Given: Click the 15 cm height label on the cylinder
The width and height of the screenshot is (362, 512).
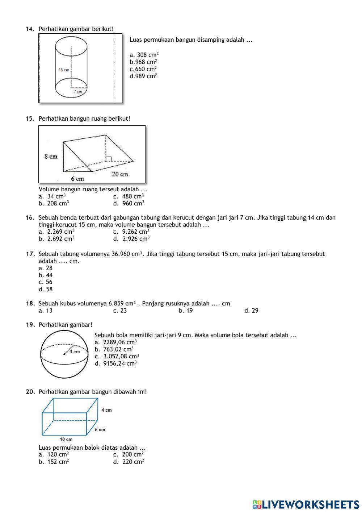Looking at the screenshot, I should pos(64,70).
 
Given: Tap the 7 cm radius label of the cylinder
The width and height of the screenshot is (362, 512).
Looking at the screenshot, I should pos(78,92).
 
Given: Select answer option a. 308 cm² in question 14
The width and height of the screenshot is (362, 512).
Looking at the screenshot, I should pos(144,55).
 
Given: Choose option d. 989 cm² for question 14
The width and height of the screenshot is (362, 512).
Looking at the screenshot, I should pos(143,76).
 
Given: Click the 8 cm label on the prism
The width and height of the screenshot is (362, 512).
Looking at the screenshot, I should pos(51,157).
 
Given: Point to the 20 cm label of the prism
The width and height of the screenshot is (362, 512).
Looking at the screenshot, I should pos(120,174).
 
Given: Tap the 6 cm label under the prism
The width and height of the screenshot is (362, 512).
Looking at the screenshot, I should pos(77,179).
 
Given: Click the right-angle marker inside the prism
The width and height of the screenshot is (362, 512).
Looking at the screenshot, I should pos(108,158).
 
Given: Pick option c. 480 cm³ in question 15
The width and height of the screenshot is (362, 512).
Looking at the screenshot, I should pos(129,196).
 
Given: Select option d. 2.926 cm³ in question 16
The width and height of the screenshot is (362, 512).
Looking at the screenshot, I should pos(131,239).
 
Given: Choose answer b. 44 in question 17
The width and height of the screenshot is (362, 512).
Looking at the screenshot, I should pos(46,275).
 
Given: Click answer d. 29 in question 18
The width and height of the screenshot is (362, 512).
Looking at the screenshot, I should pos(251,311).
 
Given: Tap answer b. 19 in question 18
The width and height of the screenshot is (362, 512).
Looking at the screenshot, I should pos(186,311).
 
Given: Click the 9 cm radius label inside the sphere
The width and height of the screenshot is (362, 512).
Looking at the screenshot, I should pos(75,351).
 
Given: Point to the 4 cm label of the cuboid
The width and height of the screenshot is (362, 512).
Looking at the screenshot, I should pos(106,410).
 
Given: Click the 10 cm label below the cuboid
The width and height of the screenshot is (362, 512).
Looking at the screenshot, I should pos(66,440).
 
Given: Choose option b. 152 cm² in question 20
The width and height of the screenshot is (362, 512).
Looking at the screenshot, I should pos(54,462).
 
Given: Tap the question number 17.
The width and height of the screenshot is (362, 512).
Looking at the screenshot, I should pos(30,254).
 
